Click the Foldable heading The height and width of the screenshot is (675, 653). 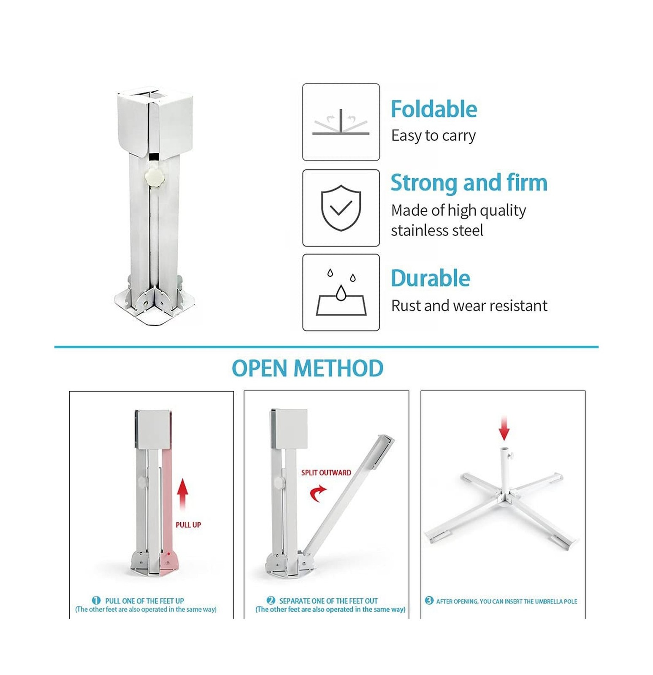(x=434, y=109)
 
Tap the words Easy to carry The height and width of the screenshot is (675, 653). (x=433, y=136)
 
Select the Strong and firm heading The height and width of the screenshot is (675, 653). (x=469, y=183)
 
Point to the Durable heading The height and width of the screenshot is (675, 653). (x=430, y=278)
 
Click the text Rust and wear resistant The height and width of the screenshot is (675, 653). (x=469, y=305)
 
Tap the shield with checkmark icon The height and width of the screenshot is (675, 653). (x=341, y=208)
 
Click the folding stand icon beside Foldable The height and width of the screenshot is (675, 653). (x=341, y=122)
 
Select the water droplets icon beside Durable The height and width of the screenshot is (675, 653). (x=341, y=292)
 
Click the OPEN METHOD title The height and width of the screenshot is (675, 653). (x=308, y=368)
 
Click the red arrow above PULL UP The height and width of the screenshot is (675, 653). (x=182, y=494)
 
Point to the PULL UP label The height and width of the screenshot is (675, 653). (x=188, y=525)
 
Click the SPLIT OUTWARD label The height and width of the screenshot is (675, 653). (x=326, y=472)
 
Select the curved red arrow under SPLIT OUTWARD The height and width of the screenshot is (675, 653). (x=318, y=494)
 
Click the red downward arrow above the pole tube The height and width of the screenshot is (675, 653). (x=504, y=428)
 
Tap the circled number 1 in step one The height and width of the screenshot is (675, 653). (x=96, y=600)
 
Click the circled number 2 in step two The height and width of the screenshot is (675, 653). (x=271, y=600)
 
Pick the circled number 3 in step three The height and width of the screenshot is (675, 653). (x=429, y=600)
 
